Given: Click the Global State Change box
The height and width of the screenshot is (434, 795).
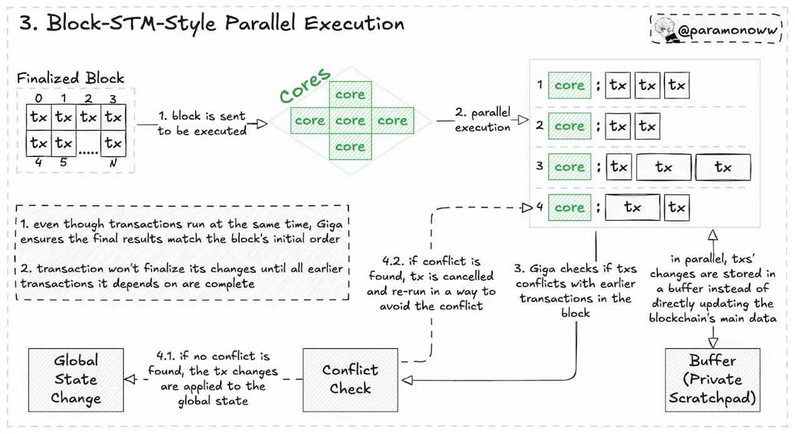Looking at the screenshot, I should click(76, 379).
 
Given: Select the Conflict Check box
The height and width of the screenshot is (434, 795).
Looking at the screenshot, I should click(350, 379).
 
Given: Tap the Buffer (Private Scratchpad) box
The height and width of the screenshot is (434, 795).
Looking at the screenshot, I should click(712, 379).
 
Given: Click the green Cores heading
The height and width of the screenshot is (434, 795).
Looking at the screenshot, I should click(305, 86).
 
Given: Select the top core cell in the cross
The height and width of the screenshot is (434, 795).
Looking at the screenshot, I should click(350, 94).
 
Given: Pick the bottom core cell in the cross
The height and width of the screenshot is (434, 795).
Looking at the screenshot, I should click(350, 147).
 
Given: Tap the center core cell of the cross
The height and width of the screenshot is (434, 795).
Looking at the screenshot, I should click(350, 121).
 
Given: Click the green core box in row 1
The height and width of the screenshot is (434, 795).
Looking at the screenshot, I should click(569, 86).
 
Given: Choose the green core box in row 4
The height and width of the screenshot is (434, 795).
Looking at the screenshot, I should click(569, 208).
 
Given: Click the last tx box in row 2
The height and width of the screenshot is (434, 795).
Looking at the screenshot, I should click(647, 126).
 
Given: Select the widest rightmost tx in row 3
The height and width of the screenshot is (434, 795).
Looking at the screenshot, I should click(723, 167).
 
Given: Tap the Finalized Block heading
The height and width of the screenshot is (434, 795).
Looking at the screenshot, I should click(71, 78).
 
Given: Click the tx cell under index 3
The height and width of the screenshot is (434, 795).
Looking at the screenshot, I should click(113, 117).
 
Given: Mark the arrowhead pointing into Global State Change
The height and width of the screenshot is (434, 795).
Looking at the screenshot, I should click(130, 380).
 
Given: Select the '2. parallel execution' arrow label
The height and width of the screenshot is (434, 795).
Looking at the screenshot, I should click(483, 120).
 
